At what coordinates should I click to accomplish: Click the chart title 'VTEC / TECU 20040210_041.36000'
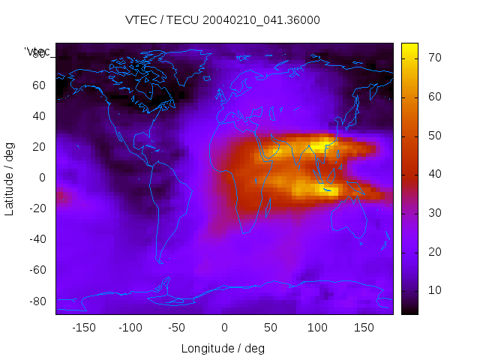223,20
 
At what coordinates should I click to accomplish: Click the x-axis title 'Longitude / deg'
223,349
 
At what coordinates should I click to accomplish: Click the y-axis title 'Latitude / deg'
10,178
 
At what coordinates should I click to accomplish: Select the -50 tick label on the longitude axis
178,328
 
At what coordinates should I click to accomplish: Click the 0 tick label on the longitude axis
223,328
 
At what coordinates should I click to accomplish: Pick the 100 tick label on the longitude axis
316,328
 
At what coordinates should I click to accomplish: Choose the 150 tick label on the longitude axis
363,328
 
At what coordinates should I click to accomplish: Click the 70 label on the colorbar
433,58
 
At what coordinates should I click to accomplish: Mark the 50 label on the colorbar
433,136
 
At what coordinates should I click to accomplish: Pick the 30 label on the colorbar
433,213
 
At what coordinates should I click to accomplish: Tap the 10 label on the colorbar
433,290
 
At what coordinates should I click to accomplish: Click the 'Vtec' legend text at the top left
37,52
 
